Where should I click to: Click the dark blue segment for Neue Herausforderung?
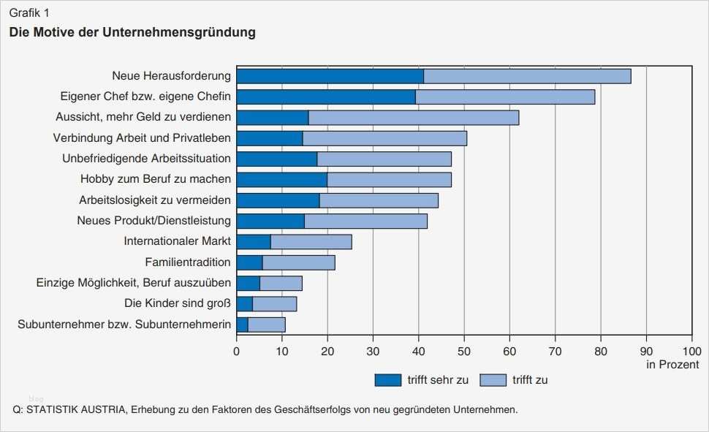click(330, 76)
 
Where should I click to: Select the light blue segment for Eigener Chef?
click(505, 96)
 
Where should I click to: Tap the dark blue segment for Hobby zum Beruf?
click(281, 179)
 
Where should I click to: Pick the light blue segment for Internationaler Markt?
click(311, 242)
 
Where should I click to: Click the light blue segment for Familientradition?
click(298, 262)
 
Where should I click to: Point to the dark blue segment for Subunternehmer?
click(242, 325)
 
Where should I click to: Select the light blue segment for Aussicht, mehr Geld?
click(414, 118)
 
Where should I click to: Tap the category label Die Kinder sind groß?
click(178, 303)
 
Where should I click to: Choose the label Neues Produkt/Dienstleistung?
click(153, 221)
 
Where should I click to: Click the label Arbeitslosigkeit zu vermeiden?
click(155, 200)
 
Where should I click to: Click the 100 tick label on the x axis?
click(691, 351)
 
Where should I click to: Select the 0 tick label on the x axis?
click(237, 351)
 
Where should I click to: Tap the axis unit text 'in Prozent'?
click(672, 364)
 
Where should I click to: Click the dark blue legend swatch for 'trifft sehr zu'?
click(387, 380)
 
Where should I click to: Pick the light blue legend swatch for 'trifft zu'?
click(493, 380)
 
